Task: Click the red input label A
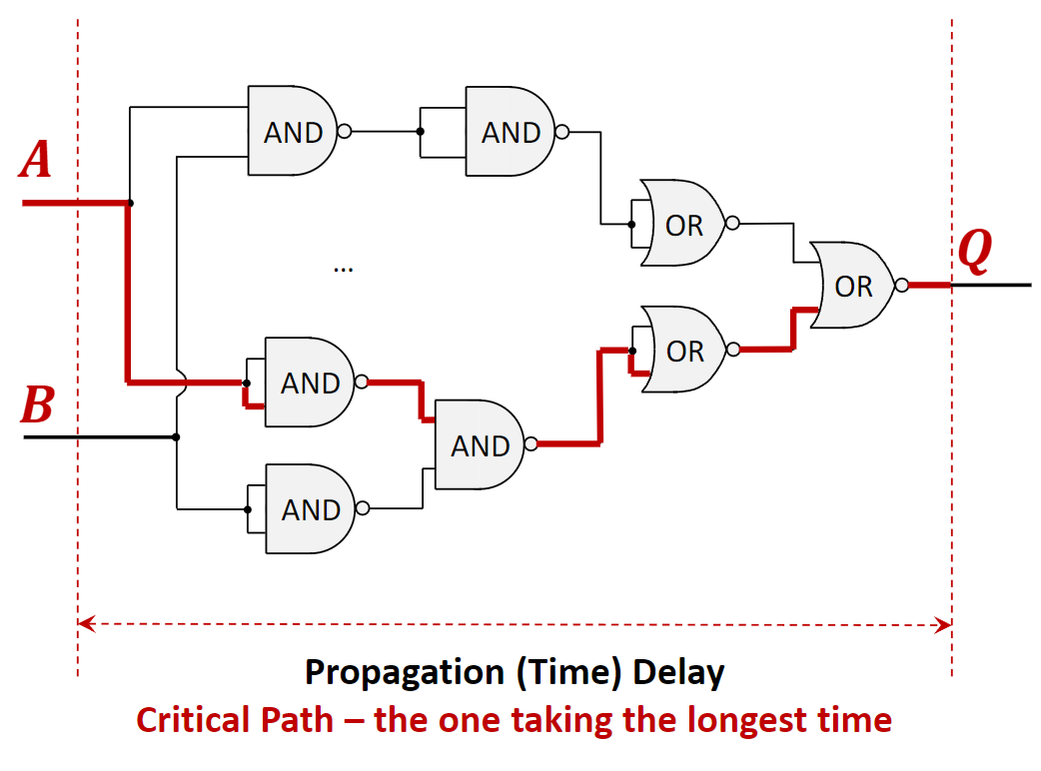[x=36, y=160]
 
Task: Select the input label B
[x=37, y=405]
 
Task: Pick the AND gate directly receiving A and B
[x=292, y=132]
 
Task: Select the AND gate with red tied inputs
[x=309, y=383]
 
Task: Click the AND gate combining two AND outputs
[x=480, y=445]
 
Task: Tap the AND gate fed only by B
[x=309, y=509]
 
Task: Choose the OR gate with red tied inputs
[x=684, y=351]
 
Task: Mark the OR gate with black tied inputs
[x=684, y=225]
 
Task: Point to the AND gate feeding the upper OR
[x=510, y=132]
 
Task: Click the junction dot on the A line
[x=131, y=203]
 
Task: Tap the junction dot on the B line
[x=176, y=436]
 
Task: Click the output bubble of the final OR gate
[x=902, y=286]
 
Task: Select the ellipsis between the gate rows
[x=344, y=268]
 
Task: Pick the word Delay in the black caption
[x=678, y=671]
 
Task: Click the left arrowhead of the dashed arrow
[x=84, y=625]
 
